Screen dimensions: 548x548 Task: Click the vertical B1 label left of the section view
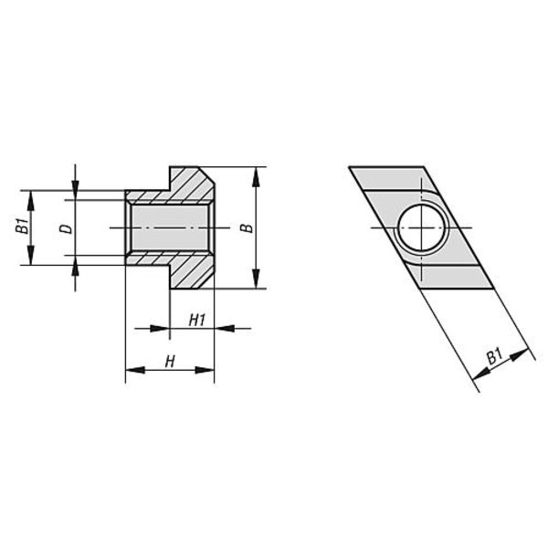[22, 227]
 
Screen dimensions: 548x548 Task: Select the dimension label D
[66, 228]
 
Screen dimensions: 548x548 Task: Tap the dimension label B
[247, 228]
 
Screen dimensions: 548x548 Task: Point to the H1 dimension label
[196, 320]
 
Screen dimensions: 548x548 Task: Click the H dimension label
[170, 362]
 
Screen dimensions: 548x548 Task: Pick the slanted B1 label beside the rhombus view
[495, 356]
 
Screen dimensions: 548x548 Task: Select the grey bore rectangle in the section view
[170, 227]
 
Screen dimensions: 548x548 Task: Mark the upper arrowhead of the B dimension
[256, 177]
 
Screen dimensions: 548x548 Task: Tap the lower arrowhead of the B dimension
[256, 279]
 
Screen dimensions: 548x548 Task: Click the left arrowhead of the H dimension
[135, 370]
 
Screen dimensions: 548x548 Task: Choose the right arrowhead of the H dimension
[204, 370]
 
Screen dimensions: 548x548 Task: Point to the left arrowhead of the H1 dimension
[160, 329]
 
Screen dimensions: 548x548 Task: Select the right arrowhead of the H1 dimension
[224, 329]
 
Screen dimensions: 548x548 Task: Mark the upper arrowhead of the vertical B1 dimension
[31, 200]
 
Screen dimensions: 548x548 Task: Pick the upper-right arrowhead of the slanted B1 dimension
[519, 354]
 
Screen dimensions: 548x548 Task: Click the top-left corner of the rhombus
[349, 167]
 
